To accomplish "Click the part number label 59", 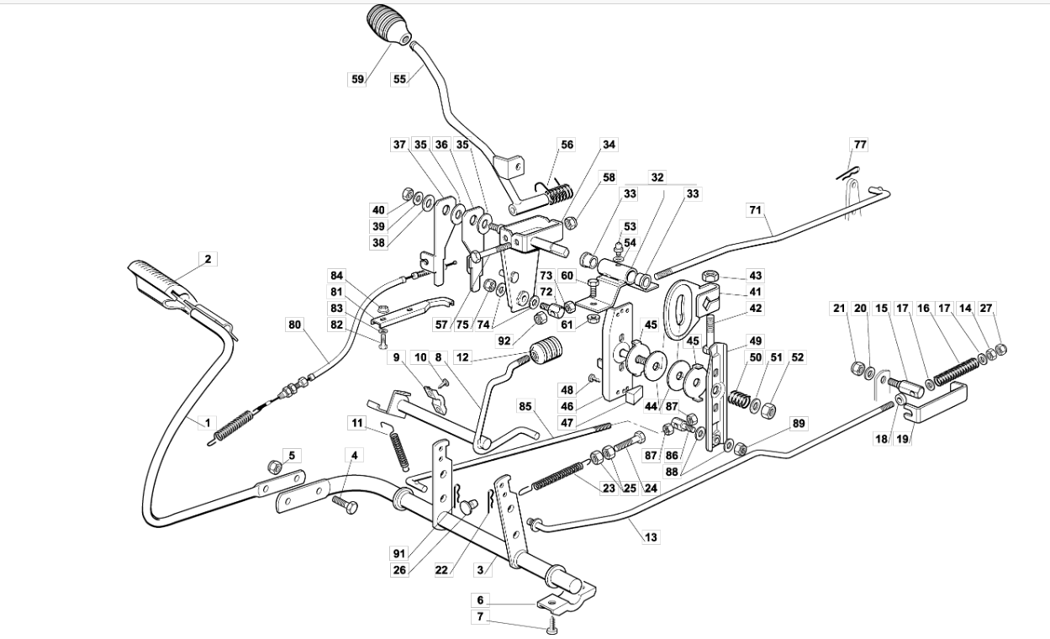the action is (357, 79).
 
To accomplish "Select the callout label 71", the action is (755, 209).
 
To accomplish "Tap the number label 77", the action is (861, 145).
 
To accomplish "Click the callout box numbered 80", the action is (295, 325).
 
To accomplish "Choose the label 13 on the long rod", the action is (651, 536).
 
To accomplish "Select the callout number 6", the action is (480, 600).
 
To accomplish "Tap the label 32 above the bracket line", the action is (657, 177).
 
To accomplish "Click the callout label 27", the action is (986, 308).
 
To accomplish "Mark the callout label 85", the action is (525, 406).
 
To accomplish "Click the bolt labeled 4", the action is (345, 505).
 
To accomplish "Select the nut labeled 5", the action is (275, 467).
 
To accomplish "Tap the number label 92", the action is (504, 341).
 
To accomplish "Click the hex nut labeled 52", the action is (767, 411).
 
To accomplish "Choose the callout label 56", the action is (567, 145).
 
